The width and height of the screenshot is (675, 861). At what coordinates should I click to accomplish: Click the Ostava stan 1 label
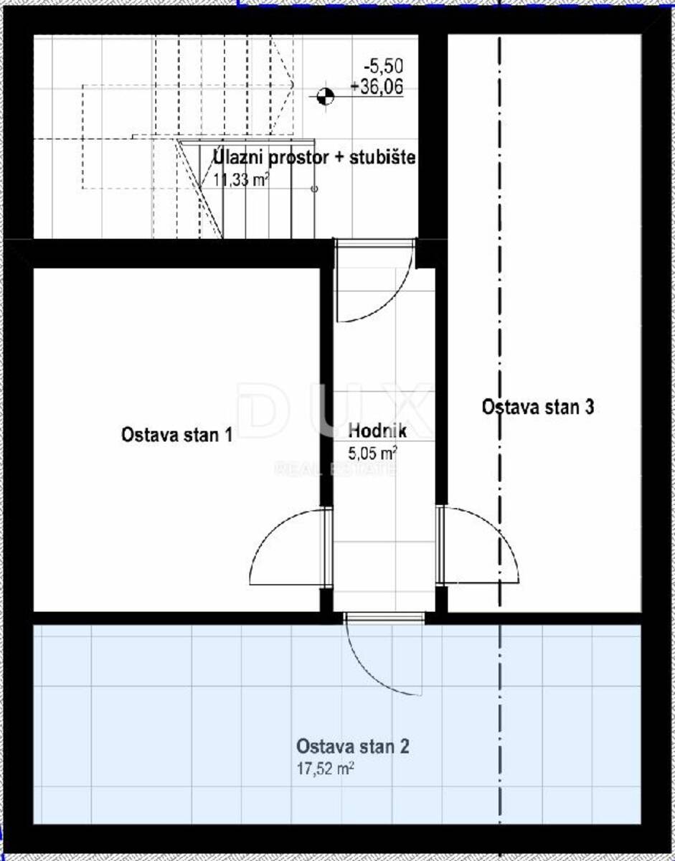[176, 435]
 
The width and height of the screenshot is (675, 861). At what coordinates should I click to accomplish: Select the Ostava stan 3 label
[538, 407]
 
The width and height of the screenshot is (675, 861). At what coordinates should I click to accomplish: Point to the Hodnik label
[377, 430]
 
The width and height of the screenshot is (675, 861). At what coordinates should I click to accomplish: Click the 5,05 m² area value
[373, 453]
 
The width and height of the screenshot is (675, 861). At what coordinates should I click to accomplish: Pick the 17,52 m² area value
[325, 769]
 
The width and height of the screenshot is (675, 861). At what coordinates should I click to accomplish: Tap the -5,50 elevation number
[384, 66]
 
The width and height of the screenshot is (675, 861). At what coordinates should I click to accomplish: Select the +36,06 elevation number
[377, 87]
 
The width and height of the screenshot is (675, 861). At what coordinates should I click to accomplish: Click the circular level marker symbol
[326, 96]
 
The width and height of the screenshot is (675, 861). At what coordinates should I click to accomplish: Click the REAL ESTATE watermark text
[336, 469]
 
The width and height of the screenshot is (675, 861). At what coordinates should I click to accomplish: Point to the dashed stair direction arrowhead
[292, 85]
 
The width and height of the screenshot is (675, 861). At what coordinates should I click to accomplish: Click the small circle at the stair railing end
[314, 189]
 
